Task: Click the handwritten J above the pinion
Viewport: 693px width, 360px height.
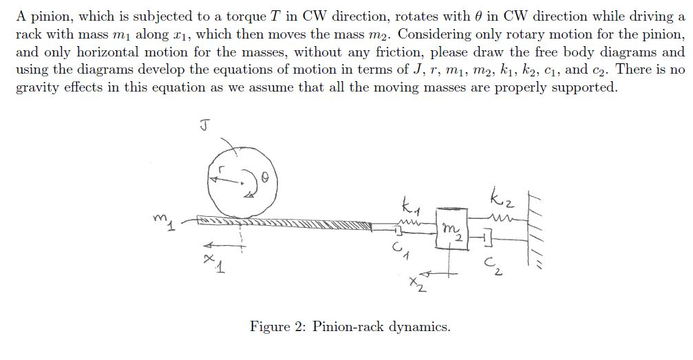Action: (x=205, y=125)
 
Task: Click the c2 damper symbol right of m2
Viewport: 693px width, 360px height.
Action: (x=487, y=238)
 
